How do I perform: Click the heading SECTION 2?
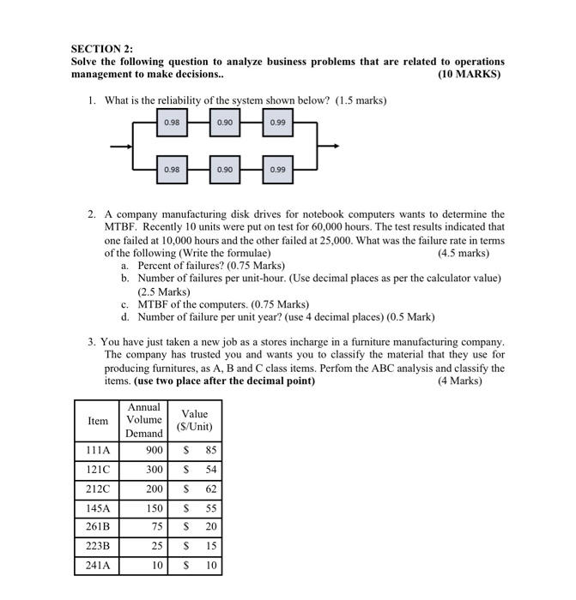tap(101, 50)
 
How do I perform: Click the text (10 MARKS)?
tap(470, 75)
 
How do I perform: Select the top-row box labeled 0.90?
tap(225, 123)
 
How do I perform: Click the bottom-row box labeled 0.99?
tap(277, 169)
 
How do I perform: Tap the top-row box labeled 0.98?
tap(173, 123)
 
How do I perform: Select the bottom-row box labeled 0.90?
tap(225, 169)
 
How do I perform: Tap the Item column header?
tap(98, 421)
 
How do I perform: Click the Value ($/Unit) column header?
tap(194, 420)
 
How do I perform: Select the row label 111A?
tap(97, 449)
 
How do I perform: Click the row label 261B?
tap(97, 527)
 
